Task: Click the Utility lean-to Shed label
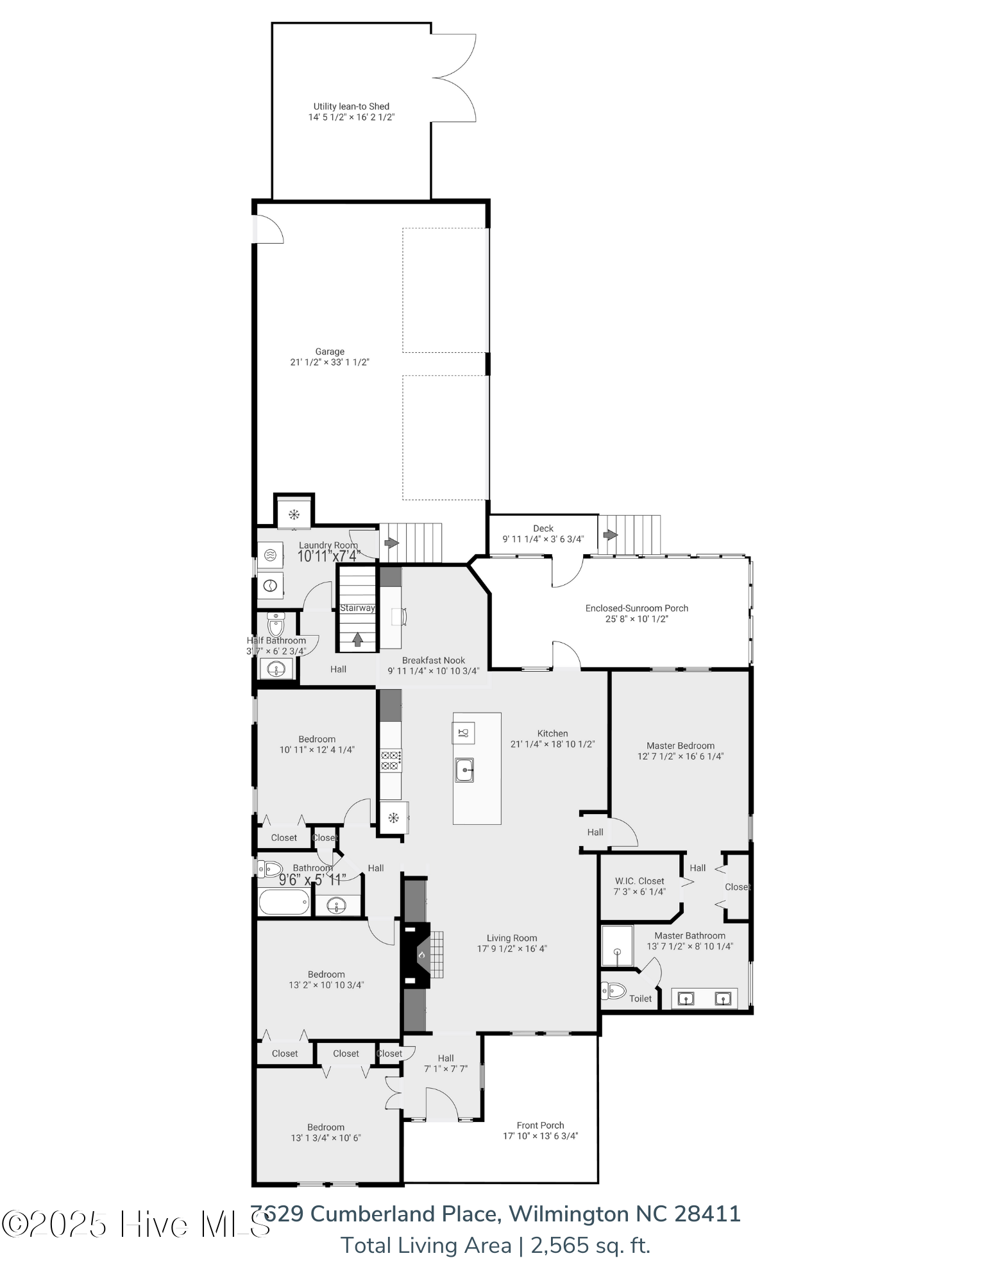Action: point(351,106)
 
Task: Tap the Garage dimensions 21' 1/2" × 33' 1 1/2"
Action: point(329,362)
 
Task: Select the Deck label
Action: point(543,529)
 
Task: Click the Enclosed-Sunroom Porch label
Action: point(636,608)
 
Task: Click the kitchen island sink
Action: point(464,770)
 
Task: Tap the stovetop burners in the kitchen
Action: point(391,760)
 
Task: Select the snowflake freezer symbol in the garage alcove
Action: point(294,514)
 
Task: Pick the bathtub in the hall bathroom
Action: point(284,902)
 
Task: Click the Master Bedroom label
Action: point(680,745)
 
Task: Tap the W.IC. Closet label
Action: point(639,881)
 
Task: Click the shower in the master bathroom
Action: point(617,946)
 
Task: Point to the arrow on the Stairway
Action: point(357,639)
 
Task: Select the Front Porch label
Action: point(540,1125)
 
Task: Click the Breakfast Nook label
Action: point(433,660)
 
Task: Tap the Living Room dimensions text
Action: point(511,949)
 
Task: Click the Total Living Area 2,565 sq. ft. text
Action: point(495,1245)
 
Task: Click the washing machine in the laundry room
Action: point(270,555)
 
